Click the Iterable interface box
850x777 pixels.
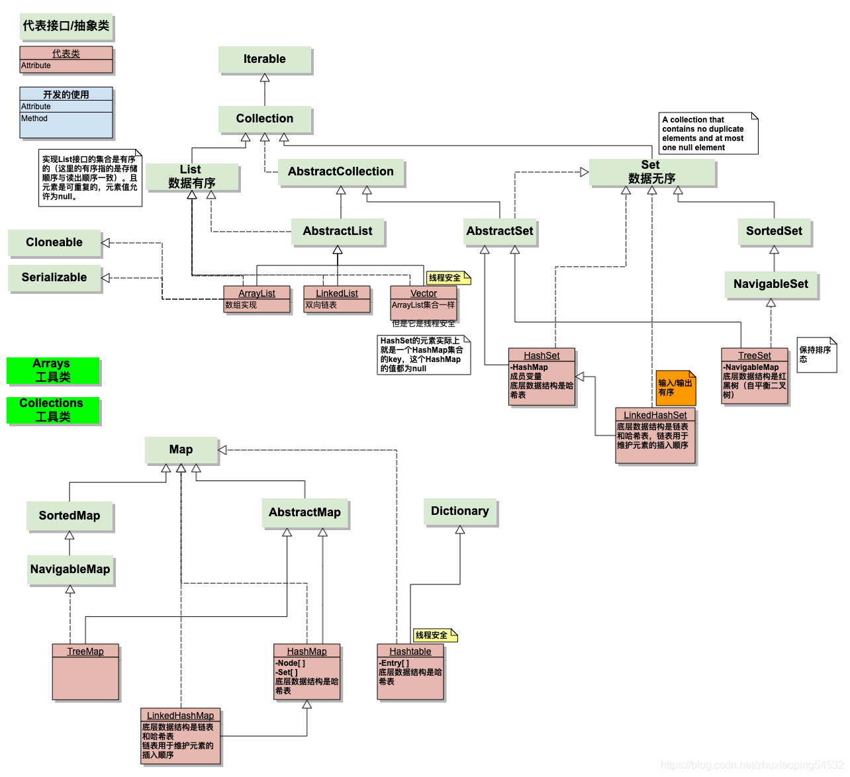265,60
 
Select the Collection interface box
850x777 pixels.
265,119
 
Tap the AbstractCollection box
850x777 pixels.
341,172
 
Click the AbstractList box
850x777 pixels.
338,232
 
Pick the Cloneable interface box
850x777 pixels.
54,243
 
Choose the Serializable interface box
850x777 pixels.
54,278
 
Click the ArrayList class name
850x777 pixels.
257,293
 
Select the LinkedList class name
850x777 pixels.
337,293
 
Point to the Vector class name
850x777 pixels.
424,293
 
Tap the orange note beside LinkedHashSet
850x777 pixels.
676,388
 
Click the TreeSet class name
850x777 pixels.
755,355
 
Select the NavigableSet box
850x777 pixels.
771,285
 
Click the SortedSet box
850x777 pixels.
774,232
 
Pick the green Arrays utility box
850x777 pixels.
53,371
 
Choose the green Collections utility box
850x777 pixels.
53,410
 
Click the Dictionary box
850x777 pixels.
460,512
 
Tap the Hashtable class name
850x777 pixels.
410,651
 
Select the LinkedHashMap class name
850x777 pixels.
180,715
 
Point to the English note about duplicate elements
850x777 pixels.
708,134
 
